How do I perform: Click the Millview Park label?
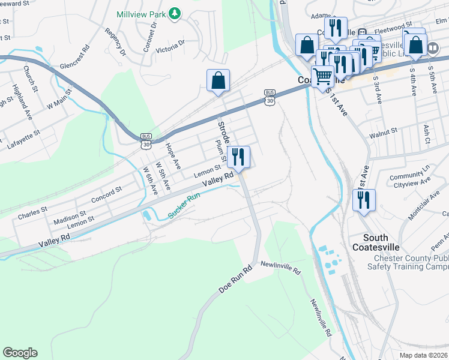(140, 13)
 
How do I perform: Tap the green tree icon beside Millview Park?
(175, 13)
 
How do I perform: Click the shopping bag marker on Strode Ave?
(218, 81)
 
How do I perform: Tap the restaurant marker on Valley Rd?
(239, 157)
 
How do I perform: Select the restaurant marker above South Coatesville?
(364, 201)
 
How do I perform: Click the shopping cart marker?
(323, 77)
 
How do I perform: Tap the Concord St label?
(106, 194)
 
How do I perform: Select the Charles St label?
(32, 212)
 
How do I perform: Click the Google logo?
(20, 353)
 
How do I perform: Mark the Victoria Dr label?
(170, 46)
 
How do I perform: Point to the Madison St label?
(70, 217)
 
